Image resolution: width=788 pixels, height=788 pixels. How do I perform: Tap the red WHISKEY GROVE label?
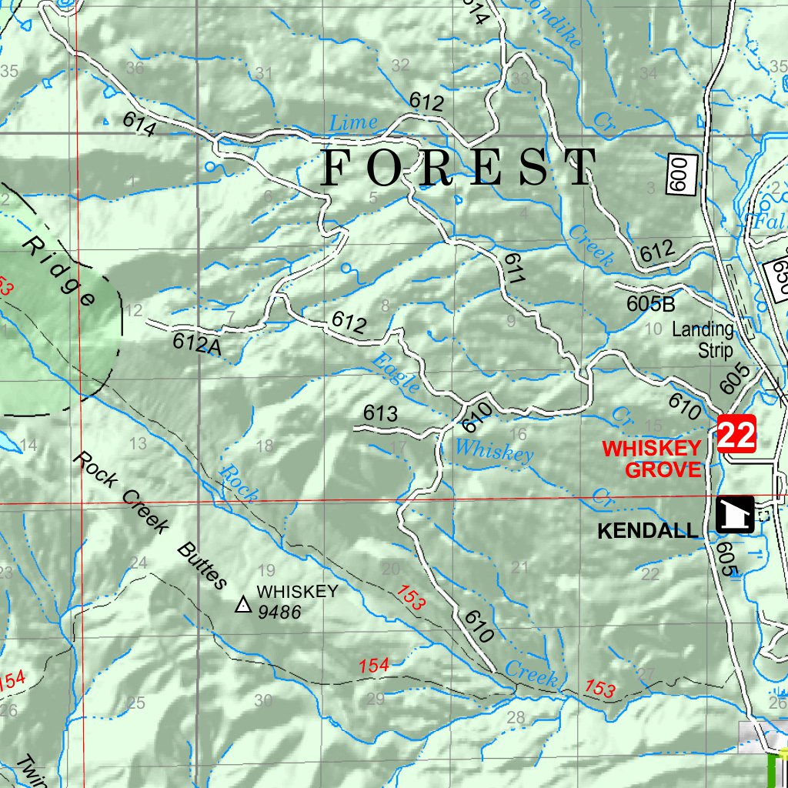(651, 459)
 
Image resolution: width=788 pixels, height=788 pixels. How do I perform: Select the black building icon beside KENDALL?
(734, 513)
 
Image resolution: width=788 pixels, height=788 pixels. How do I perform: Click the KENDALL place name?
(648, 531)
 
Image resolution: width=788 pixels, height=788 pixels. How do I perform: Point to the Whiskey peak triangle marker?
(243, 606)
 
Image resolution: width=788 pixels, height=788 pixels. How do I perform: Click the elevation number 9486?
(279, 613)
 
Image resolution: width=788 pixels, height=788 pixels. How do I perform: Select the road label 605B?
(650, 303)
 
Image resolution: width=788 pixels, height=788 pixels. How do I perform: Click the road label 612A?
(197, 344)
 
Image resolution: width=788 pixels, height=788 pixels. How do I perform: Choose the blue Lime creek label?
(353, 122)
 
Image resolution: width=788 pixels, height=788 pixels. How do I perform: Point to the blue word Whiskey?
(493, 450)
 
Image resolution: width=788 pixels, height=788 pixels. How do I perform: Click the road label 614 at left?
(139, 124)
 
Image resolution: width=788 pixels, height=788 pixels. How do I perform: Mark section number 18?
(264, 446)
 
